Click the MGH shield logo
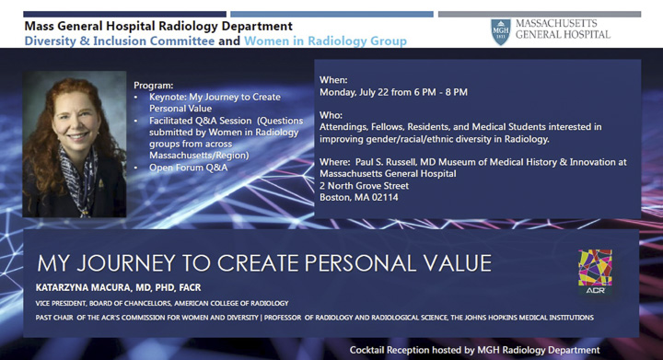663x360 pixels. pos(501,31)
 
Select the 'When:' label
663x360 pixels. pos(334,80)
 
